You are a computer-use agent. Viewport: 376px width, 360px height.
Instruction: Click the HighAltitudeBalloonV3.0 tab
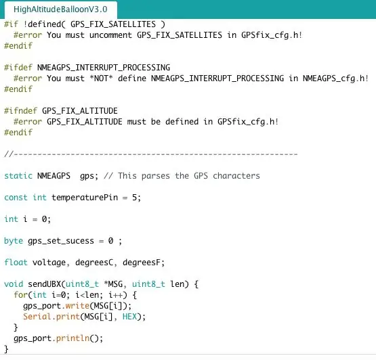click(60, 9)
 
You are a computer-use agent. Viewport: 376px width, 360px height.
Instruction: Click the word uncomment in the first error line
click(110, 35)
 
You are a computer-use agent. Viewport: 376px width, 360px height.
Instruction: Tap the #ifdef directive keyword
click(18, 68)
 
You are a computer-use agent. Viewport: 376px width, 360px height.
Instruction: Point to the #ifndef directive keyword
click(20, 111)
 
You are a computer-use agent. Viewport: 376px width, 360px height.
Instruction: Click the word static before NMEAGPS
click(18, 176)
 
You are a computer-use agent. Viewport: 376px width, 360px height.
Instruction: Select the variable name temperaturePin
click(85, 198)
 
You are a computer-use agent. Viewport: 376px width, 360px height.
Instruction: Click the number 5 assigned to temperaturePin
click(135, 198)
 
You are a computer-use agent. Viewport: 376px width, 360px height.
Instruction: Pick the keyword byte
click(14, 241)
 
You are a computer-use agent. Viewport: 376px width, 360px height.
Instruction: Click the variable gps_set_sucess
click(61, 241)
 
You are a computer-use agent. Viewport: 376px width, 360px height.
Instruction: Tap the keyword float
click(16, 263)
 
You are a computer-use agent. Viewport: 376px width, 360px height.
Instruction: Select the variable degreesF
click(142, 263)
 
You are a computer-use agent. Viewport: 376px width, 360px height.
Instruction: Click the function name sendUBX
click(44, 284)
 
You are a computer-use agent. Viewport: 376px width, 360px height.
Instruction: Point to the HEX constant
click(129, 317)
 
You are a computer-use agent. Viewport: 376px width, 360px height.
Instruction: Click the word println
click(72, 338)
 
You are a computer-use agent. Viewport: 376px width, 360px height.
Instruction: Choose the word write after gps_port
click(77, 306)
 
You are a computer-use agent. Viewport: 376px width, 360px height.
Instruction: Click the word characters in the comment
click(236, 176)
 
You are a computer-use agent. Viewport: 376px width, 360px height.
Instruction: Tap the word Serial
click(37, 317)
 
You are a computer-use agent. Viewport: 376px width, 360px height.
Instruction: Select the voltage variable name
click(49, 263)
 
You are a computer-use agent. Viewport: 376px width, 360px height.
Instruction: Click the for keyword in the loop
click(20, 295)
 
